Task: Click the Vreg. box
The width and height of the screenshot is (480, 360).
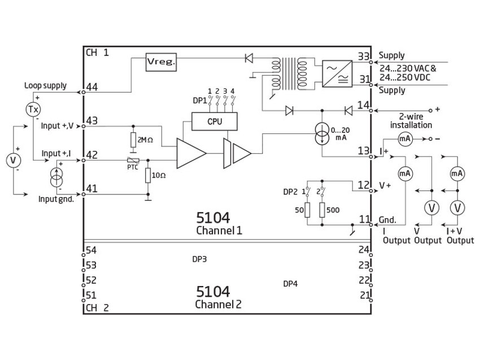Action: (161, 62)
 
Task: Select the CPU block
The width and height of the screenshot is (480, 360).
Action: (214, 120)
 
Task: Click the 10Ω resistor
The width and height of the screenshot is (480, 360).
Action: (148, 176)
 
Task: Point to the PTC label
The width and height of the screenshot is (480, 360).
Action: (132, 168)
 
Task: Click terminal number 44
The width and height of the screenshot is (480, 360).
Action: (91, 87)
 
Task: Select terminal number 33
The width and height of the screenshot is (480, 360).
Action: (363, 56)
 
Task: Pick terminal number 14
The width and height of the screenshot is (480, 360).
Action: (363, 105)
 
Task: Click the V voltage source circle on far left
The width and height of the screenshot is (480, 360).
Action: (13, 161)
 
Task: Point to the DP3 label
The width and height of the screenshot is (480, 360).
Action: (199, 259)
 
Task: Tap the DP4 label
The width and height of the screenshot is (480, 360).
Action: (290, 284)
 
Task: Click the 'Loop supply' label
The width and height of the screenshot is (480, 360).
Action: (45, 86)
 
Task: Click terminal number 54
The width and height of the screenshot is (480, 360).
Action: (91, 250)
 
